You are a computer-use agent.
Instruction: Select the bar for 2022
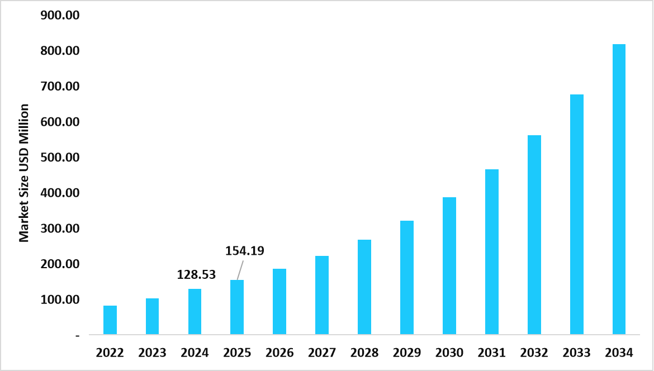tap(110, 320)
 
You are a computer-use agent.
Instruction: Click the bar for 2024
tap(195, 312)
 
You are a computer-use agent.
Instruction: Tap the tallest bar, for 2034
tap(619, 189)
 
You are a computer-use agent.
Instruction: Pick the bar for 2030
tap(449, 266)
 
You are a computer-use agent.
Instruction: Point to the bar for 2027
tap(322, 296)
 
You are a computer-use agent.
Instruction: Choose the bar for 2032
tap(534, 235)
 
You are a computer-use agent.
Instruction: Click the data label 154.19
tap(245, 251)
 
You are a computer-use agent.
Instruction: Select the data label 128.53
tap(196, 274)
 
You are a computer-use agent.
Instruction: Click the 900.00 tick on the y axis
tap(60, 15)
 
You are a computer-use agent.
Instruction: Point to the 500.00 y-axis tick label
tap(60, 158)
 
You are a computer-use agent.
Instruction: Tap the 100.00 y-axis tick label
tap(60, 300)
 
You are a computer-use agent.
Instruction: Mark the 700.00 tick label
tap(60, 87)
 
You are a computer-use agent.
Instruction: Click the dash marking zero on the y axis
tap(77, 335)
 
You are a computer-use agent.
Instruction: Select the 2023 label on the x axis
tap(152, 353)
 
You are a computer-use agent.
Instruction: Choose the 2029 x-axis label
tap(407, 353)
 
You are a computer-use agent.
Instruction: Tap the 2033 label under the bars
tap(576, 353)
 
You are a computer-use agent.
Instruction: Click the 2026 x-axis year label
tap(279, 353)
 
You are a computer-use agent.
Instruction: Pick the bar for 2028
tap(364, 287)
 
